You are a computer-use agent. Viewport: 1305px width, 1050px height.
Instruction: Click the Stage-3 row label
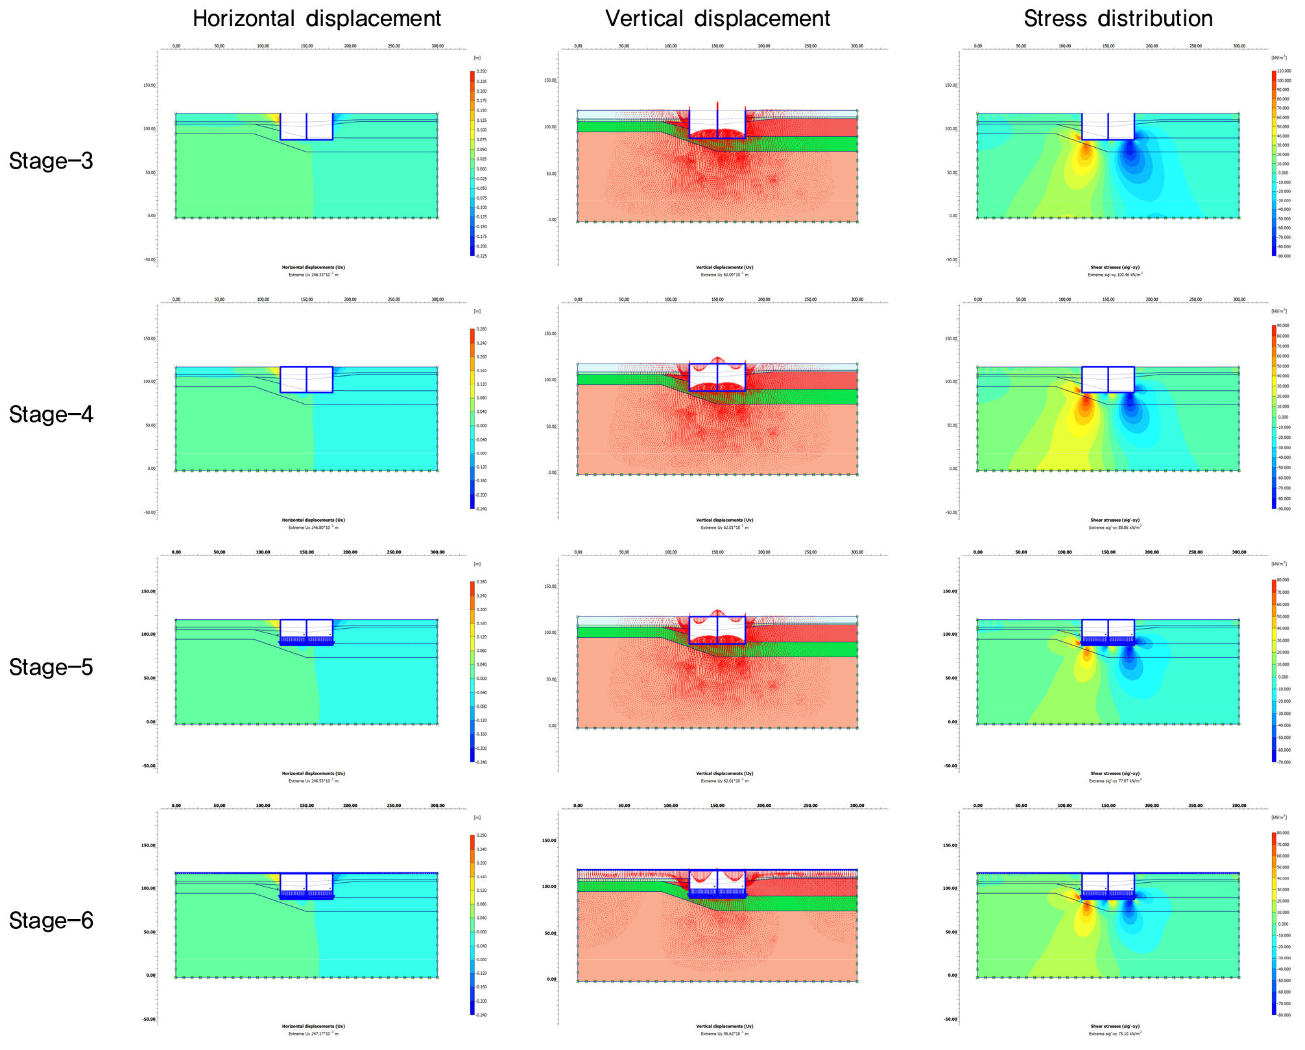pyautogui.click(x=51, y=161)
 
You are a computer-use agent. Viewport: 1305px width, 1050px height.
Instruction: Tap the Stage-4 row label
pyautogui.click(x=51, y=414)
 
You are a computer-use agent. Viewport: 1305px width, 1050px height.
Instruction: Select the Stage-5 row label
pyautogui.click(x=51, y=667)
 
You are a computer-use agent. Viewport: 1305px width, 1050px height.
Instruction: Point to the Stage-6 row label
pyautogui.click(x=51, y=920)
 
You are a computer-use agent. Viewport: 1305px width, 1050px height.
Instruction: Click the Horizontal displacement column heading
pyautogui.click(x=317, y=18)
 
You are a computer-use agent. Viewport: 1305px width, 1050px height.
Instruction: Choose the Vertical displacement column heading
pyautogui.click(x=717, y=18)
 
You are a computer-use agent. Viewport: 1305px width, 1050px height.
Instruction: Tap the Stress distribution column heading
pyautogui.click(x=1118, y=18)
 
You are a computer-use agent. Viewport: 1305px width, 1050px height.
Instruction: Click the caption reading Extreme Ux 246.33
pyautogui.click(x=313, y=275)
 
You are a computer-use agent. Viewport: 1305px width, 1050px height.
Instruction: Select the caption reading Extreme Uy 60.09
pyautogui.click(x=724, y=275)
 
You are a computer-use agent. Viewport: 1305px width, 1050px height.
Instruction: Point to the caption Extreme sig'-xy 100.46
pyautogui.click(x=1115, y=275)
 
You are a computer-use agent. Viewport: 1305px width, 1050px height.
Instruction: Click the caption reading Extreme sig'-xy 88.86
pyautogui.click(x=1115, y=528)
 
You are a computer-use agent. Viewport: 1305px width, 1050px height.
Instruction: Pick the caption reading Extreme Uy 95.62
pyautogui.click(x=724, y=1034)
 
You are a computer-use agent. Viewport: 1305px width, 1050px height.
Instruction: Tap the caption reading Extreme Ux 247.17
pyautogui.click(x=313, y=1034)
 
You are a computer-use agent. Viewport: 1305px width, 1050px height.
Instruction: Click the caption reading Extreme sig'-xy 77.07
pyautogui.click(x=1115, y=781)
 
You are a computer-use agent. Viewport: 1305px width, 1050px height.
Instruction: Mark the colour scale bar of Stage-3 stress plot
pyautogui.click(x=1274, y=163)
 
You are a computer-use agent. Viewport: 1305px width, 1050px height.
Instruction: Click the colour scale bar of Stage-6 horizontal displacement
pyautogui.click(x=472, y=924)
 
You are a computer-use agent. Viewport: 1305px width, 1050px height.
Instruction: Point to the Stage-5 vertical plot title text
pyautogui.click(x=724, y=773)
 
